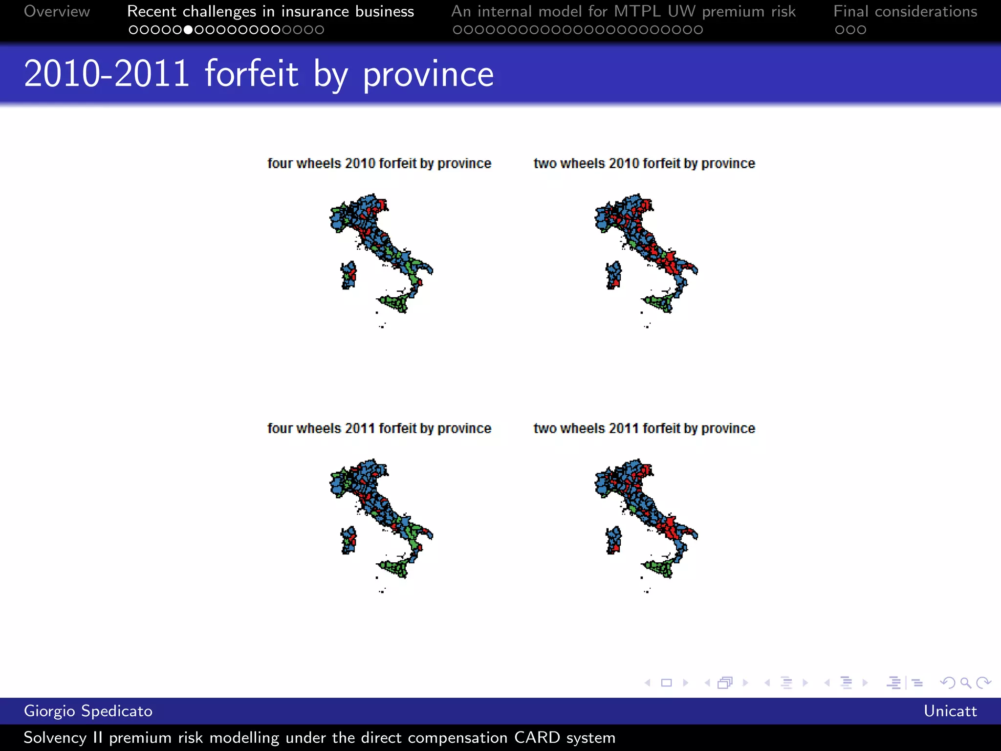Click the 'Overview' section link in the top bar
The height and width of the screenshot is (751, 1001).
click(x=57, y=11)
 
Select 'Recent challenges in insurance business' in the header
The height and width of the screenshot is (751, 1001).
click(x=270, y=11)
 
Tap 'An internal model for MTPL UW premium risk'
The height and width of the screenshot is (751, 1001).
click(x=623, y=11)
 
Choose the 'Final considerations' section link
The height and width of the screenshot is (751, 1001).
click(x=905, y=11)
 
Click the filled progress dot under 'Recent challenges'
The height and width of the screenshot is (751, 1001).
click(x=188, y=30)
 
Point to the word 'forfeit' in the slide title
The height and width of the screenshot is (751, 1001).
click(x=251, y=74)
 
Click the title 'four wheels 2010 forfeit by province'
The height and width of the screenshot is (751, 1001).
click(x=379, y=163)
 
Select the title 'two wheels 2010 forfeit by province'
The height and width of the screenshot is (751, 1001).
click(x=644, y=163)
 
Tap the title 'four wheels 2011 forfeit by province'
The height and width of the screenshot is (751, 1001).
click(x=379, y=428)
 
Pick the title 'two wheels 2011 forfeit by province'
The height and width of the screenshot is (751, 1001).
click(x=644, y=428)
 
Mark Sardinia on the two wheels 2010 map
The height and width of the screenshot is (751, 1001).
click(x=613, y=275)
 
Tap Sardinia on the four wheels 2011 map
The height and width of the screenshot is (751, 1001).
click(x=348, y=540)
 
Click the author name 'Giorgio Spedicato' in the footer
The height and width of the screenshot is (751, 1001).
click(x=88, y=711)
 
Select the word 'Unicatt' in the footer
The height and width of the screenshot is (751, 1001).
click(x=950, y=711)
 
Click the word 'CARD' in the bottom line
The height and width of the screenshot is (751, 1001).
click(x=537, y=737)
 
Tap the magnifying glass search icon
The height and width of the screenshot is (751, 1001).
click(x=965, y=683)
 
